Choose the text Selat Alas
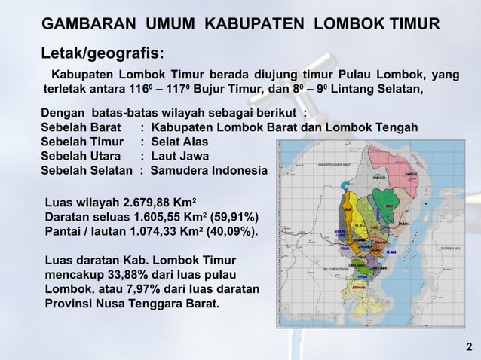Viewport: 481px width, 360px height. [x=179, y=142]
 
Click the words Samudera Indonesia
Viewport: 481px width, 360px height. [x=208, y=170]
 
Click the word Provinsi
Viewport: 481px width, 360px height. [x=70, y=304]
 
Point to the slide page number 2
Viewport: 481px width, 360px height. [x=468, y=346]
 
